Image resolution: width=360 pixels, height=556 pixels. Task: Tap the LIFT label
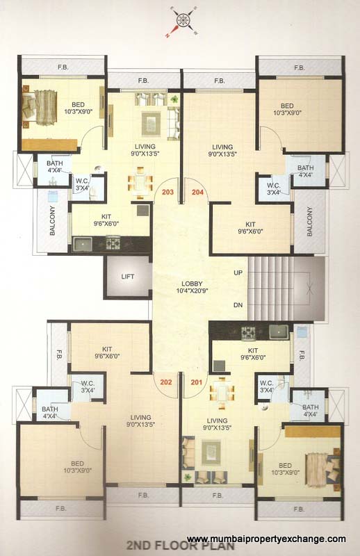tap(127, 276)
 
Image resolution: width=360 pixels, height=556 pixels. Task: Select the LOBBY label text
tap(192, 283)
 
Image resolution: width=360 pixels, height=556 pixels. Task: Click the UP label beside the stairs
tap(238, 272)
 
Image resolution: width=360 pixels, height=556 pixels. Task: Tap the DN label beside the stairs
tap(238, 304)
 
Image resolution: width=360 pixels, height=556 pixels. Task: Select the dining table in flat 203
tap(140, 184)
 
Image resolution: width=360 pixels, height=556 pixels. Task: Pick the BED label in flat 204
tap(287, 106)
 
